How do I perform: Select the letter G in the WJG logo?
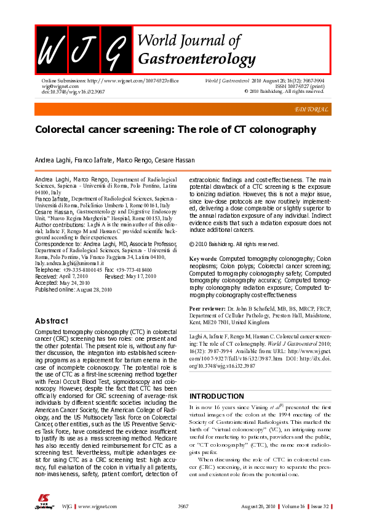coord(114,50)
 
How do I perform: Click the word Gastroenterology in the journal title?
coord(197,59)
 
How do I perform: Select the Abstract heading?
coord(52,321)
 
